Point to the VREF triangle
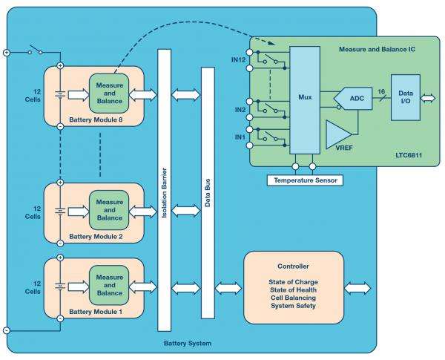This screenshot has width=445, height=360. (x=340, y=138)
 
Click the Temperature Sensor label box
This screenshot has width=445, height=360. (x=304, y=180)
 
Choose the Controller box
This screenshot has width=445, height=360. (x=294, y=286)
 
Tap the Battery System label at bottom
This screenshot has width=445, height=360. (x=187, y=344)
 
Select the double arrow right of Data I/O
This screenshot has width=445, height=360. (x=429, y=97)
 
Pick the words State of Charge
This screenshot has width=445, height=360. (x=294, y=281)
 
